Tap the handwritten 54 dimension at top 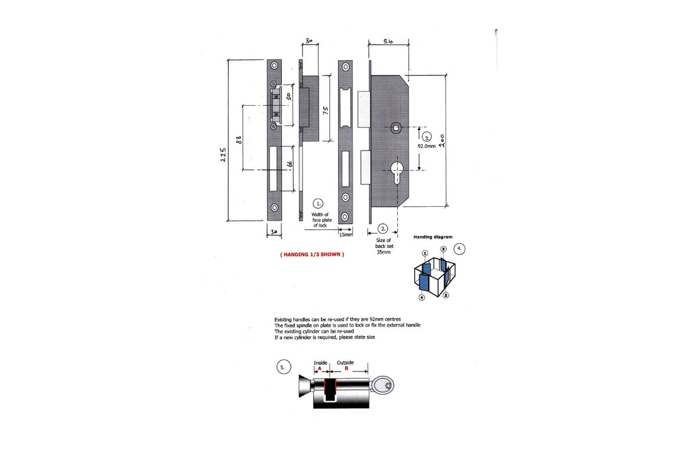click(x=389, y=41)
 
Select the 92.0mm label click(x=426, y=147)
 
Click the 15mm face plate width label click(x=346, y=235)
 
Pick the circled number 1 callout click(x=318, y=203)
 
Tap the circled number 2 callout click(x=383, y=229)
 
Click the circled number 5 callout click(x=282, y=368)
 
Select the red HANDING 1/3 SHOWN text click(x=312, y=254)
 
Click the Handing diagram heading click(x=433, y=237)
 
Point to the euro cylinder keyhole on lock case click(x=397, y=173)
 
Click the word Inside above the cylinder click(x=321, y=362)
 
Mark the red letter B click(x=347, y=368)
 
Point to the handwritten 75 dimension click(x=326, y=110)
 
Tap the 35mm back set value click(x=383, y=252)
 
